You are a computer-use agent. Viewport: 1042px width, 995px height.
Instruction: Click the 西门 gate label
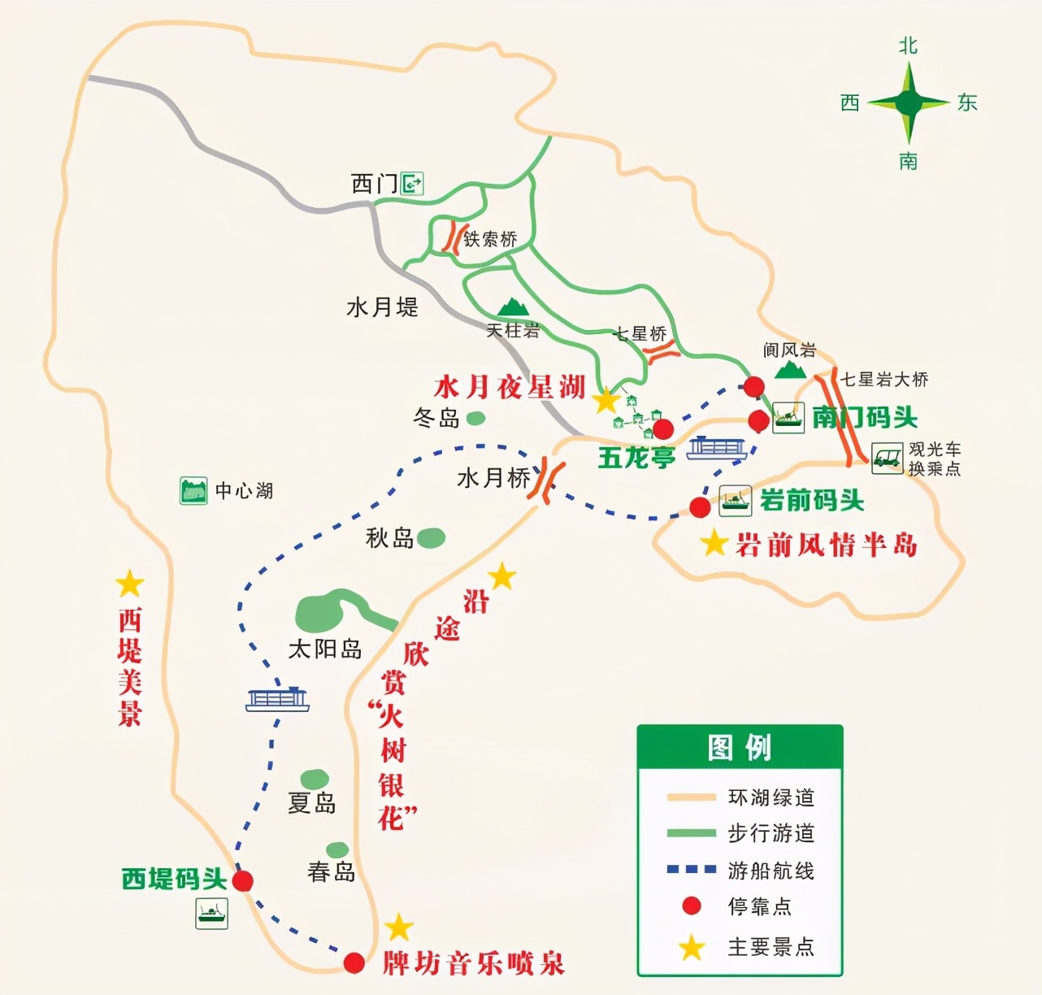tap(375, 184)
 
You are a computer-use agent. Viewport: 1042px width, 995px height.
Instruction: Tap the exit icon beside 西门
tap(413, 184)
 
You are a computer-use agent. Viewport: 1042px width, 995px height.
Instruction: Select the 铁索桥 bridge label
tap(490, 239)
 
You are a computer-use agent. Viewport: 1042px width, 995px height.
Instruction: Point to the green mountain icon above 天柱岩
tap(513, 306)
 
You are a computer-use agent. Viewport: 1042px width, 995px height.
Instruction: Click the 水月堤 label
tap(382, 307)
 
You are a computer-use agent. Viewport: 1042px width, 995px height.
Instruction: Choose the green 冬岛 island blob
tap(475, 418)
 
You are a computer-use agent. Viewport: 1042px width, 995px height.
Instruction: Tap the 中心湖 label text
tap(244, 491)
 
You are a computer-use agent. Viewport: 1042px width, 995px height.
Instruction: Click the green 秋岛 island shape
tap(431, 537)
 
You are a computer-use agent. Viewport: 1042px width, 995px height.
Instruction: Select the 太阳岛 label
tap(325, 649)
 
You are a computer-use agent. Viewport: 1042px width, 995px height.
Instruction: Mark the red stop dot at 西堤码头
tap(243, 880)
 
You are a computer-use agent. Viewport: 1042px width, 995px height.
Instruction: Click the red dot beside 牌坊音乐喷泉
tap(354, 962)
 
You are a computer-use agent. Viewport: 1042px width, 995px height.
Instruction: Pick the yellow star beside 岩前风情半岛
tap(714, 543)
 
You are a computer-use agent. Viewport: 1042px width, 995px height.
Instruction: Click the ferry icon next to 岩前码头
tap(735, 501)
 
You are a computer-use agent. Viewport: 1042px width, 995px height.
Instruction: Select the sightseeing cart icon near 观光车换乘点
tap(888, 458)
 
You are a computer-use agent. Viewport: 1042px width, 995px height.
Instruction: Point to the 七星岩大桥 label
tap(884, 380)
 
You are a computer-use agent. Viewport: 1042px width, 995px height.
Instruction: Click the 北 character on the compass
tap(908, 46)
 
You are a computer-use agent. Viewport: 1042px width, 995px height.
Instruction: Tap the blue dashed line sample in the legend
tap(691, 869)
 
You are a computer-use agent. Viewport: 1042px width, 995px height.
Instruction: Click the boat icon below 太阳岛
tap(278, 698)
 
